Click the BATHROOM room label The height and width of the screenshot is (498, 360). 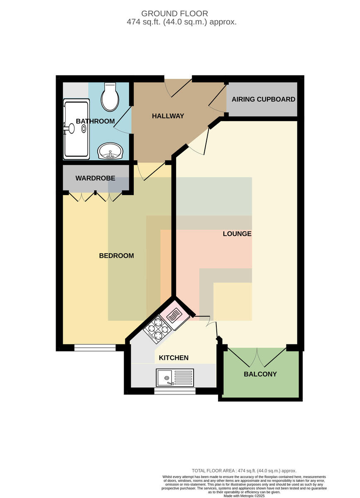[95, 121]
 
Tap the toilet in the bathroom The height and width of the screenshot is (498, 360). [110, 97]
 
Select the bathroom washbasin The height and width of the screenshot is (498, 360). [110, 151]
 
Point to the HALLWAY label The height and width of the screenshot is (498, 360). [168, 116]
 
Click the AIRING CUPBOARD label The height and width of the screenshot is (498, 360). [263, 99]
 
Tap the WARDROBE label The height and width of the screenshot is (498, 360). [95, 178]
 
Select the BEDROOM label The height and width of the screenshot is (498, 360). [116, 256]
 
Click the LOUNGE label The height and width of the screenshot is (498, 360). [237, 234]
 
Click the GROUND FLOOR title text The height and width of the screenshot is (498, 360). [175, 14]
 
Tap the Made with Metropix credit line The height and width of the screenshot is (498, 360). [244, 496]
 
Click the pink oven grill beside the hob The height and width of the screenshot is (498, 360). [175, 315]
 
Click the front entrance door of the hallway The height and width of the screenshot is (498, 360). [178, 88]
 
